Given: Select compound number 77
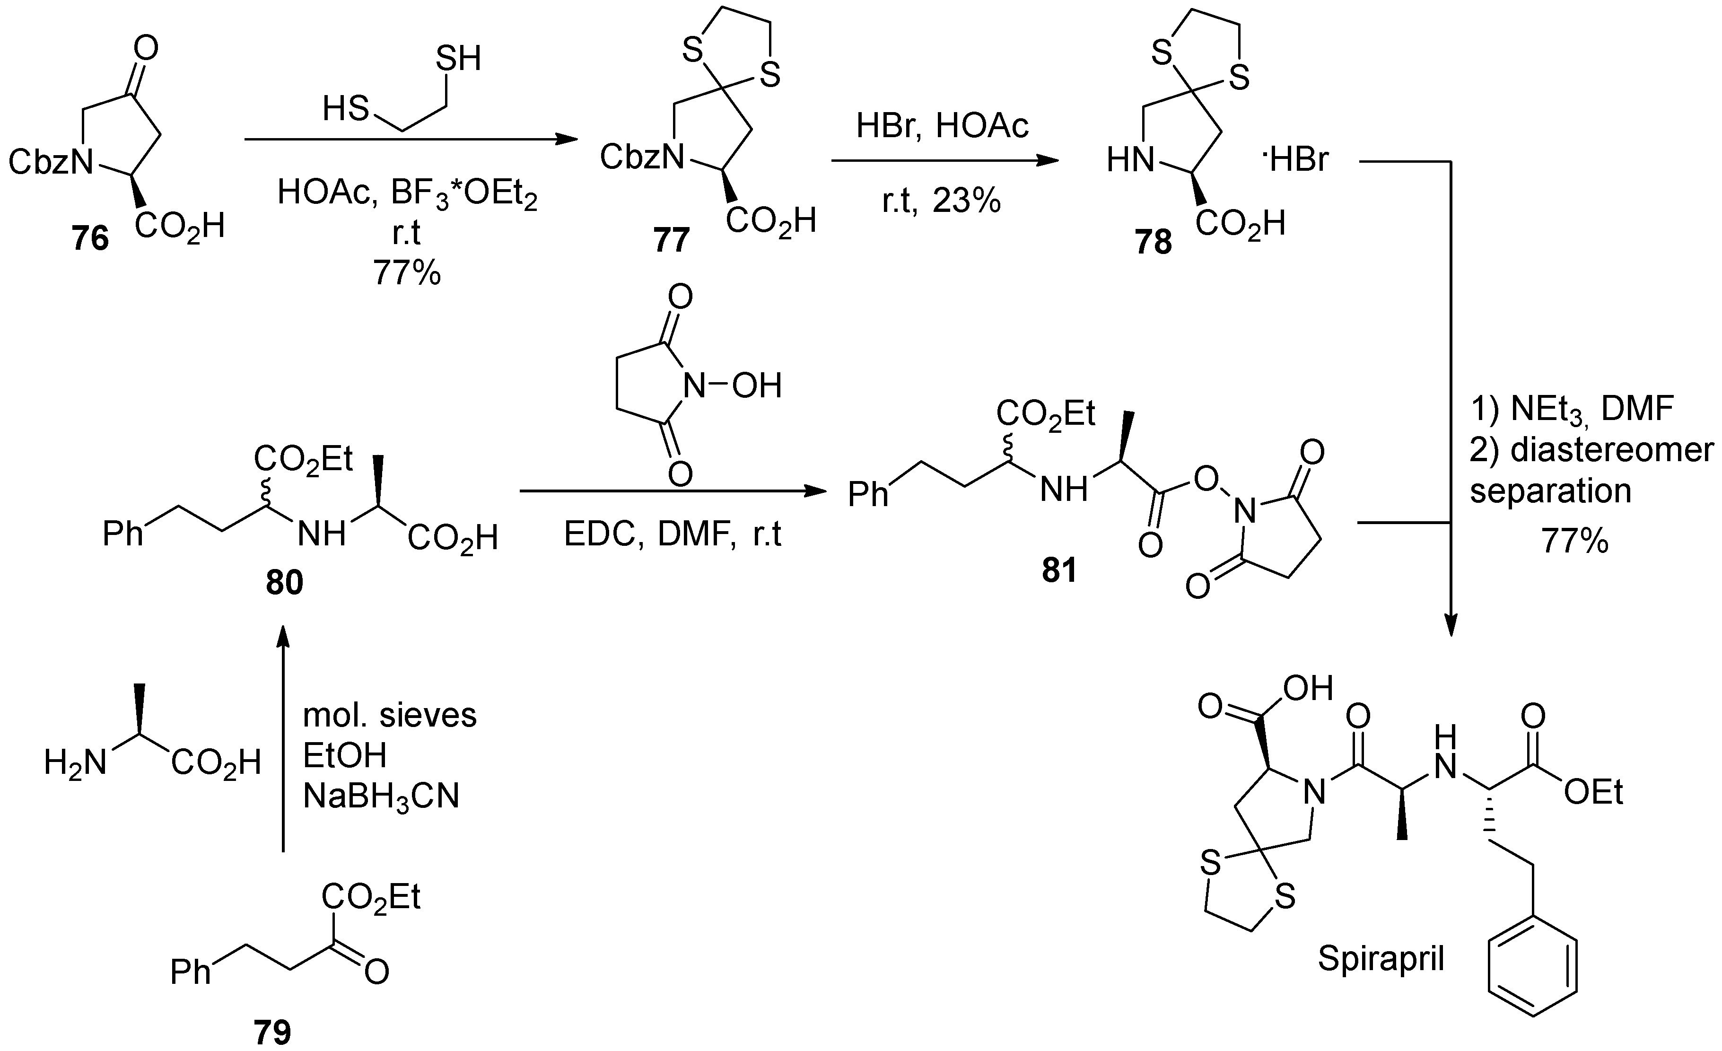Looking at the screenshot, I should click(x=671, y=240).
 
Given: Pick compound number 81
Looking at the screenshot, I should click(x=1059, y=571).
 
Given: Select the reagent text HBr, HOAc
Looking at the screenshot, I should click(x=942, y=126).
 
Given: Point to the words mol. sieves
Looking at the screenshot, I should click(x=389, y=716).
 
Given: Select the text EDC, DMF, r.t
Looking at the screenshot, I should click(x=673, y=534).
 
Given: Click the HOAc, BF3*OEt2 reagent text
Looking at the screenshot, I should click(x=407, y=192).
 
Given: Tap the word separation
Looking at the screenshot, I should click(x=1550, y=490).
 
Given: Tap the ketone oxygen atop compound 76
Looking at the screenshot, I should click(x=145, y=48).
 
